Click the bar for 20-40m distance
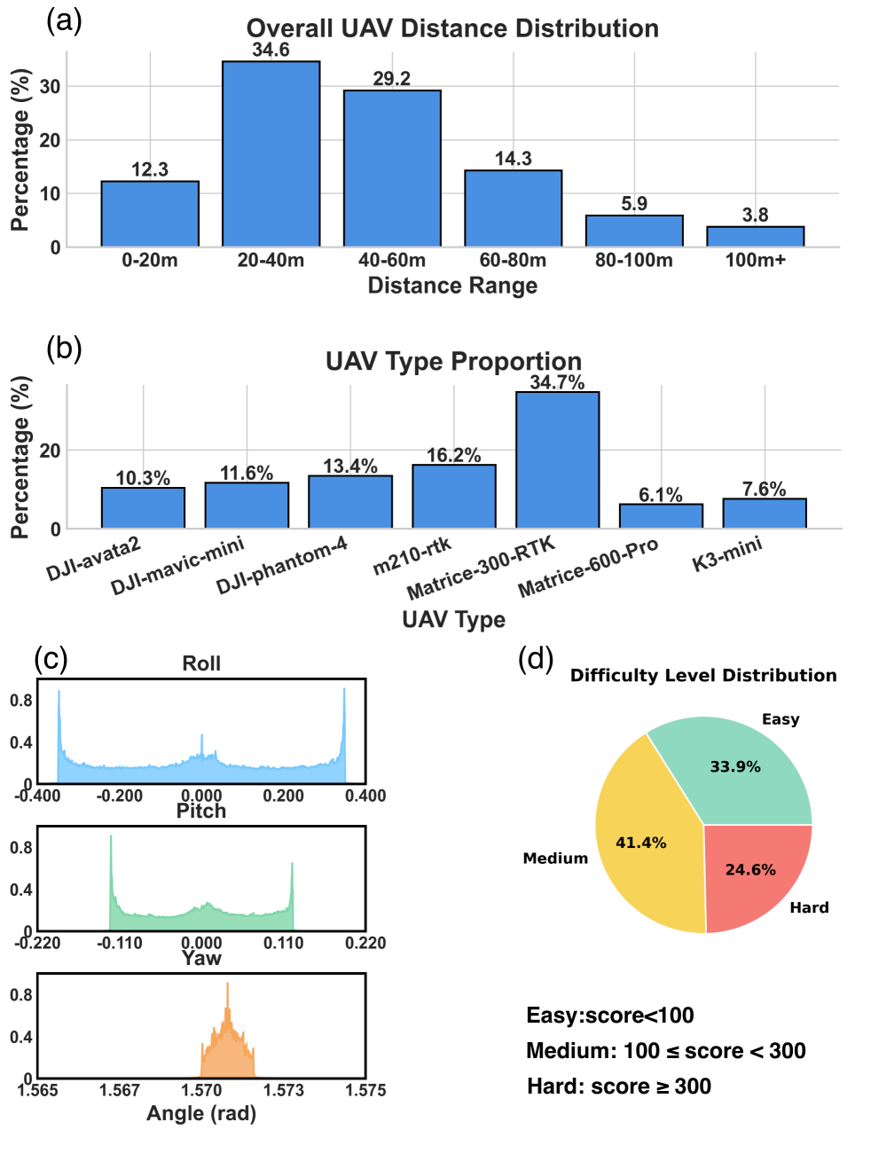[x=271, y=154]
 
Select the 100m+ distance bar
[x=755, y=237]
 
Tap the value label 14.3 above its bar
[x=514, y=159]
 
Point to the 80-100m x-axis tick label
[x=633, y=261]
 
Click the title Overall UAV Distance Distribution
[x=452, y=28]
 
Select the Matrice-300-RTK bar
[x=557, y=460]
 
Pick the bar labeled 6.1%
[x=661, y=516]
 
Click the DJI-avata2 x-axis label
[x=93, y=559]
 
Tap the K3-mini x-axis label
[x=726, y=554]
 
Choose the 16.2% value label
[x=453, y=456]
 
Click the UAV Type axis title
[x=453, y=619]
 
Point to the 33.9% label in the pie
[x=734, y=766]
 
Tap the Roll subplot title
[x=201, y=663]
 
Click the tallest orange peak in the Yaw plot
[x=227, y=985]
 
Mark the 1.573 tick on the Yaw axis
[x=284, y=1090]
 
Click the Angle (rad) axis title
[x=201, y=1113]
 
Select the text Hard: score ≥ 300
[x=619, y=1087]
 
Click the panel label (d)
[x=536, y=659]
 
